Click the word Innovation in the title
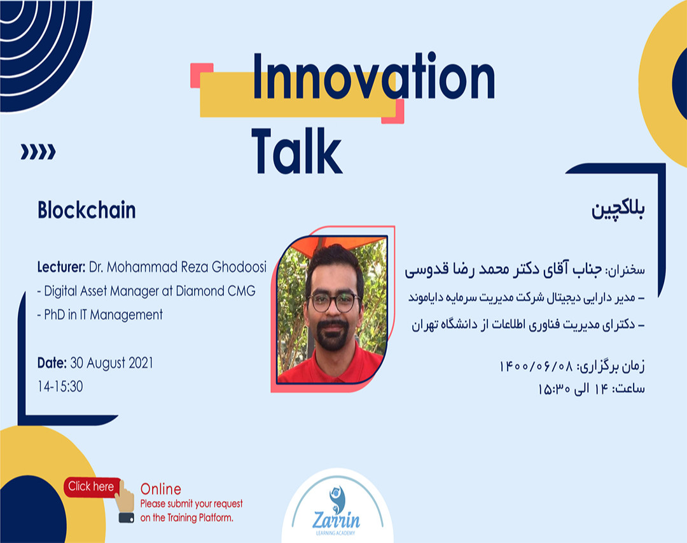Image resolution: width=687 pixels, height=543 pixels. coord(374,76)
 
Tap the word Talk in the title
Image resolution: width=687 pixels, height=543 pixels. coord(296,151)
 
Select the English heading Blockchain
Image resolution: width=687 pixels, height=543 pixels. coord(87,209)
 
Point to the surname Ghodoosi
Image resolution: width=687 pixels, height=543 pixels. coord(239,267)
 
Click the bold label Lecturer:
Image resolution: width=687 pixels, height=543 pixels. coord(61,267)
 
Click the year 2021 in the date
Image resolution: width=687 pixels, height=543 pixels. coord(141,363)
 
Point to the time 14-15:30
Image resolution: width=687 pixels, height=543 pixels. coord(60,386)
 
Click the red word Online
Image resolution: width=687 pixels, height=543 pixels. coord(161,489)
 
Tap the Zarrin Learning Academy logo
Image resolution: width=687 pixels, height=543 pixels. coord(337,511)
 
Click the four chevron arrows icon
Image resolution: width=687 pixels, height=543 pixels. coord(38,152)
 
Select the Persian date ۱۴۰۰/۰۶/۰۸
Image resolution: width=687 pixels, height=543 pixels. coord(536,366)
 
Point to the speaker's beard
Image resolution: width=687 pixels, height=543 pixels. coord(333,335)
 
